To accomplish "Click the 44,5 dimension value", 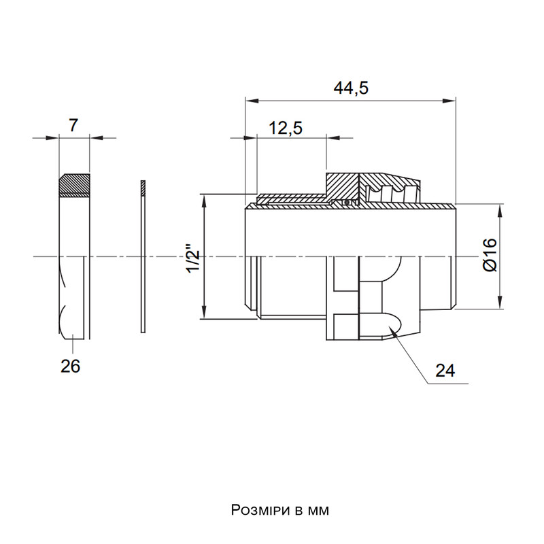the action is pyautogui.click(x=351, y=88).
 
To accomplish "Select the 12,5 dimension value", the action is pyautogui.click(x=286, y=128).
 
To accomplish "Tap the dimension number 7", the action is pyautogui.click(x=73, y=125).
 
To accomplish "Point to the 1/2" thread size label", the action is pyautogui.click(x=194, y=259).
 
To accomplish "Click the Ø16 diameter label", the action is pyautogui.click(x=490, y=255).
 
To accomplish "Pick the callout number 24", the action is pyautogui.click(x=445, y=371).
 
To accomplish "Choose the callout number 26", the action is pyautogui.click(x=71, y=366).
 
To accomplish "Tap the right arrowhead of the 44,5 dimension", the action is pyautogui.click(x=449, y=101).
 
